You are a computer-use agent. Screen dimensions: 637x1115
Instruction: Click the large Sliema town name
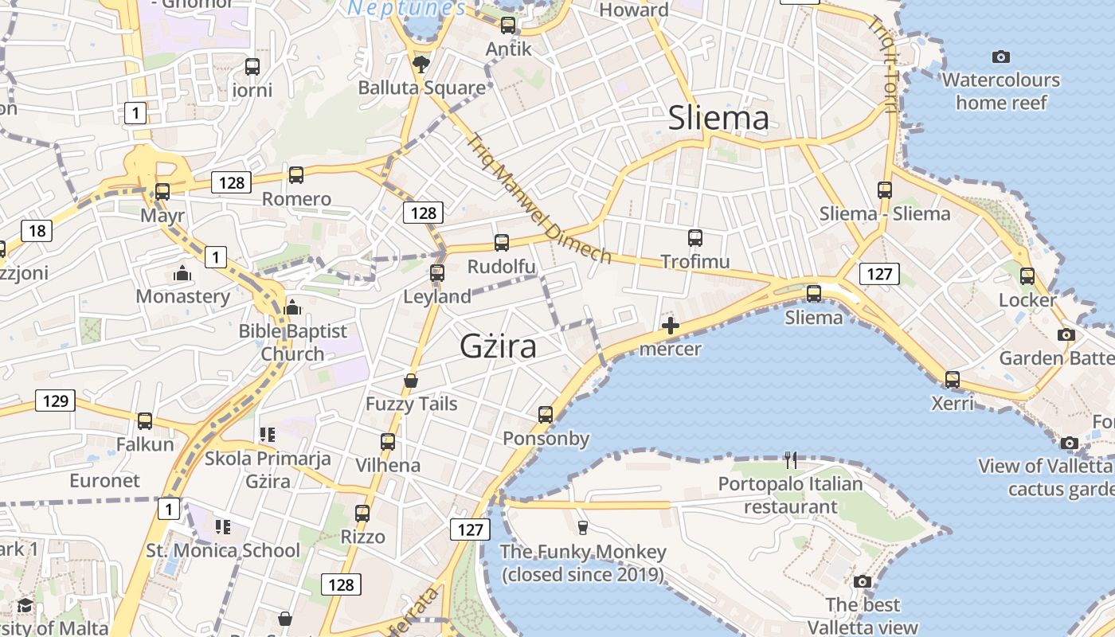pyautogui.click(x=718, y=119)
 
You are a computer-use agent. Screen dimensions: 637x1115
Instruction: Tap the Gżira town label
pyautogui.click(x=498, y=346)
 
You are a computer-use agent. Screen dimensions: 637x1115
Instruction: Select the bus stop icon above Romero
pyautogui.click(x=296, y=174)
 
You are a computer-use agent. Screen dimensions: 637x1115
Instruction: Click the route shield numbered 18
pyautogui.click(x=37, y=231)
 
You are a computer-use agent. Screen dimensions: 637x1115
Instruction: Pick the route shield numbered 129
pyautogui.click(x=56, y=400)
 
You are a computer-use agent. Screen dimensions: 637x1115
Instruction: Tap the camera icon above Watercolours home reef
pyautogui.click(x=1001, y=57)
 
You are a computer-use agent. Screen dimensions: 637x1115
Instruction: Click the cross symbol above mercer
pyautogui.click(x=671, y=325)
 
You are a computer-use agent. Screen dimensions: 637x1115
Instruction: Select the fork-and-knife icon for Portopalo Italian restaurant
pyautogui.click(x=790, y=459)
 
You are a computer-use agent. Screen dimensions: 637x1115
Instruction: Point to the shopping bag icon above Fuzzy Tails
pyautogui.click(x=411, y=381)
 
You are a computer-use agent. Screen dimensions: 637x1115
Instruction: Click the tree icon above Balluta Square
pyautogui.click(x=420, y=64)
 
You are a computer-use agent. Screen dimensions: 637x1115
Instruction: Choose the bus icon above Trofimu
pyautogui.click(x=694, y=237)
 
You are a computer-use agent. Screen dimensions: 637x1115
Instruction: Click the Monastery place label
pyautogui.click(x=182, y=296)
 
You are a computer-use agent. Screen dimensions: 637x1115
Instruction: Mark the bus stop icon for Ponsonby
pyautogui.click(x=546, y=414)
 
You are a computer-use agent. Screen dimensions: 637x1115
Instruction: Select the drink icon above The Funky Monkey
pyautogui.click(x=582, y=527)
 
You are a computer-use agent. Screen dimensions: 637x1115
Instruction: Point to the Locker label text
pyautogui.click(x=1027, y=300)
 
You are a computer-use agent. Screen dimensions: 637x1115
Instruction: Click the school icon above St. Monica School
pyautogui.click(x=223, y=526)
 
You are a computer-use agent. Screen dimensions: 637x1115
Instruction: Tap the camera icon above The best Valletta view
pyautogui.click(x=863, y=581)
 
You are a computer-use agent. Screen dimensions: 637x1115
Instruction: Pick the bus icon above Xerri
pyautogui.click(x=953, y=379)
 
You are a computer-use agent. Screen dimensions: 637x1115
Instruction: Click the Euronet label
pyautogui.click(x=104, y=481)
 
